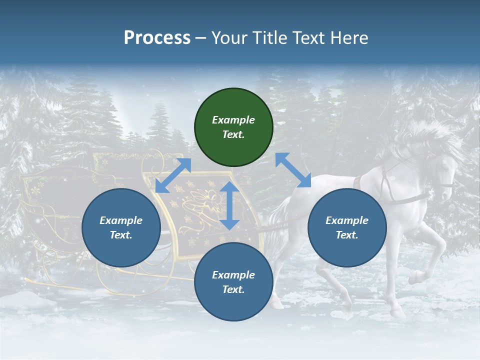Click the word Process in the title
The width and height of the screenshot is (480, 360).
(x=157, y=38)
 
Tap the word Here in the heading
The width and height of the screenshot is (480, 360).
(x=348, y=38)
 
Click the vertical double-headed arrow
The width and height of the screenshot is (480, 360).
(x=229, y=205)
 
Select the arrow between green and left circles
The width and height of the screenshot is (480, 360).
(x=173, y=175)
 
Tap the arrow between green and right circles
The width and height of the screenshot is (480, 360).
(x=293, y=170)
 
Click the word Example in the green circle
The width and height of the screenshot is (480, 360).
(x=233, y=120)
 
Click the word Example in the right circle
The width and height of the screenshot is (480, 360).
(x=347, y=220)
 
